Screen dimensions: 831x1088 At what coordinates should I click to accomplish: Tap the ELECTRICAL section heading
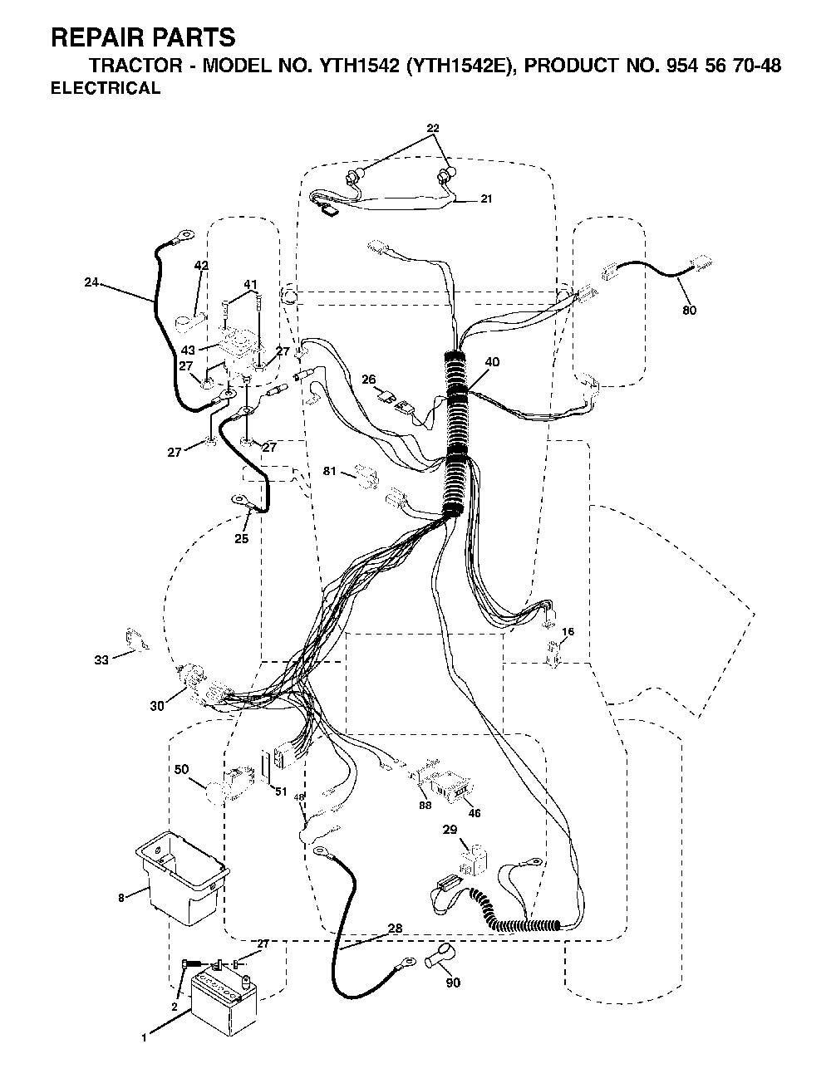pos(106,88)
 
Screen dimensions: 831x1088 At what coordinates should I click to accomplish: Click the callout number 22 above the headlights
pos(433,128)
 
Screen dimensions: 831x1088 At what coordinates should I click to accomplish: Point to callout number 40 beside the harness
pos(492,362)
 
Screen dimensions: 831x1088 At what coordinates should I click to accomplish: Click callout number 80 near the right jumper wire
pos(689,311)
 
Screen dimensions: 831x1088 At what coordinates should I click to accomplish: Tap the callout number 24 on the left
pos(91,282)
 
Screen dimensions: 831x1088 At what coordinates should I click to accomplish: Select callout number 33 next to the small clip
pos(101,660)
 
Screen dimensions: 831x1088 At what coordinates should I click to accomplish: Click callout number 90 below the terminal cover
pos(453,983)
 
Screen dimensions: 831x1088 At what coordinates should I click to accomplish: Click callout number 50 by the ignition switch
pos(181,769)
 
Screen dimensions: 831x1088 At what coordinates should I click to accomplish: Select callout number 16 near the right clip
pos(568,631)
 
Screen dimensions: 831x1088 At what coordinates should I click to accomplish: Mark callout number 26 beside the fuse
pos(368,380)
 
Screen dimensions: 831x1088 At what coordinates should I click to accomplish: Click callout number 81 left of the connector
pos(330,471)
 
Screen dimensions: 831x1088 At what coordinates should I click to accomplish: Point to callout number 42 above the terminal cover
pos(201,265)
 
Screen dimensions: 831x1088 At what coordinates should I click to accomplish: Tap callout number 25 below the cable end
pos(242,539)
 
